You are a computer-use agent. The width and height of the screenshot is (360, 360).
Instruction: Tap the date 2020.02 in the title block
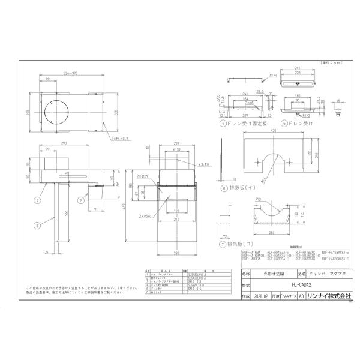point(244,296)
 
